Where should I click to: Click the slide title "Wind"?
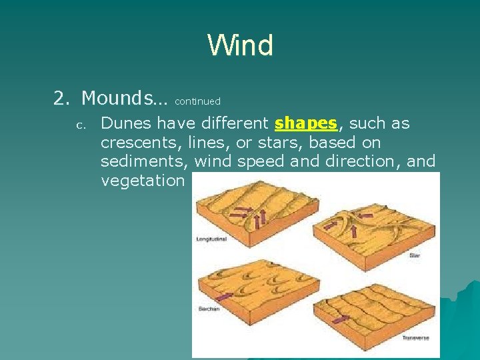[240, 45]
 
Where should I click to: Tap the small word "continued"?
[197, 101]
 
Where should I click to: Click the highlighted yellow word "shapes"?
[306, 123]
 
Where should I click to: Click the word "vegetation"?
[142, 181]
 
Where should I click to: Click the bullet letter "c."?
[78, 125]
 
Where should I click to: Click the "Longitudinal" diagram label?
[211, 238]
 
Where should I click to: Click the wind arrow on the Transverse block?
[341, 319]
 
